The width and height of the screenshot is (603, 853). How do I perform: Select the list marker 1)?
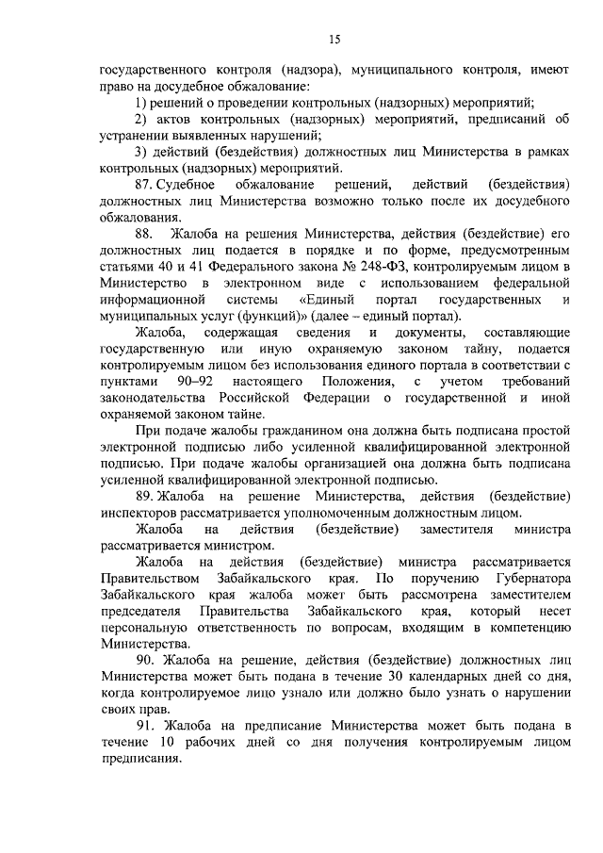(x=140, y=102)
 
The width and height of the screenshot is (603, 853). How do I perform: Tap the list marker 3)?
(x=140, y=150)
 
